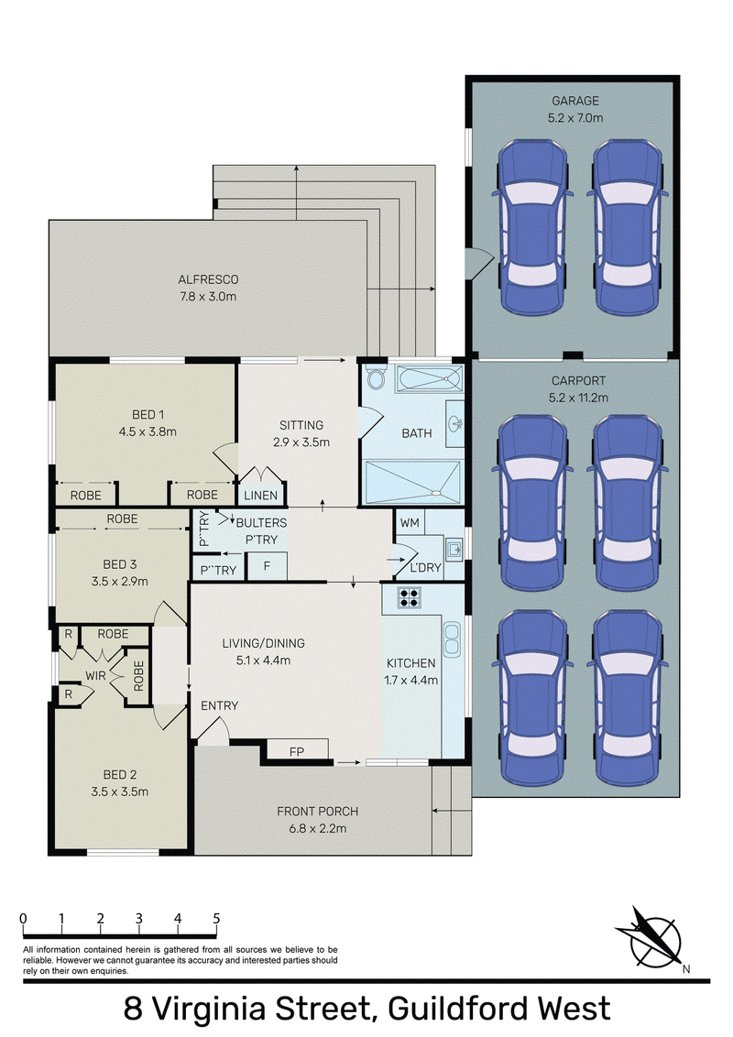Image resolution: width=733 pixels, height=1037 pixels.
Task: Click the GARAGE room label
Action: [x=574, y=101]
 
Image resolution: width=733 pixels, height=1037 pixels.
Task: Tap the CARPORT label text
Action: [x=578, y=381]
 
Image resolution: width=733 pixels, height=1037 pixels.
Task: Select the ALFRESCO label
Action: [x=208, y=279]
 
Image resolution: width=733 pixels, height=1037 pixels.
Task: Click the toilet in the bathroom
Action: [x=377, y=378]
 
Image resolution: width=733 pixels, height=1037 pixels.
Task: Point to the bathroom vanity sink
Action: [x=455, y=422]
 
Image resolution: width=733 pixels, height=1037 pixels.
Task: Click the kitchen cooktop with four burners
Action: [x=409, y=597]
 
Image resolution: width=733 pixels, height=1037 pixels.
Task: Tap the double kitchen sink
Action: [x=452, y=639]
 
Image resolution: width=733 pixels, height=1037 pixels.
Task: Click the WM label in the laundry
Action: [x=410, y=522]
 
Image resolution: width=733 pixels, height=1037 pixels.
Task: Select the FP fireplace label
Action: [x=296, y=752]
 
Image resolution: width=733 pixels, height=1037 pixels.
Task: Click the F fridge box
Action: [x=267, y=567]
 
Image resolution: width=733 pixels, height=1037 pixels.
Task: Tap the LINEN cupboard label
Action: [x=260, y=496]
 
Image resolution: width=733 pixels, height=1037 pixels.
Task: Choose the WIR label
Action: [x=95, y=676]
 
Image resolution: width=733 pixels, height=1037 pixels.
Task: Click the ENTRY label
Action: [x=220, y=705]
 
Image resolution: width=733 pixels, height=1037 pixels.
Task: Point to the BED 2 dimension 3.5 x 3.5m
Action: [x=120, y=791]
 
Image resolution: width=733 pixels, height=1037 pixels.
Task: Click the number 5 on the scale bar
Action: [x=216, y=918]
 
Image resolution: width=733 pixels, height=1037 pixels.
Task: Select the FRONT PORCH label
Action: [x=318, y=812]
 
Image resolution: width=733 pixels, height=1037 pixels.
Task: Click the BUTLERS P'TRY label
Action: [x=261, y=531]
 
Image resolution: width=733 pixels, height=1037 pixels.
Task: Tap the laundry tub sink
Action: [x=454, y=549]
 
